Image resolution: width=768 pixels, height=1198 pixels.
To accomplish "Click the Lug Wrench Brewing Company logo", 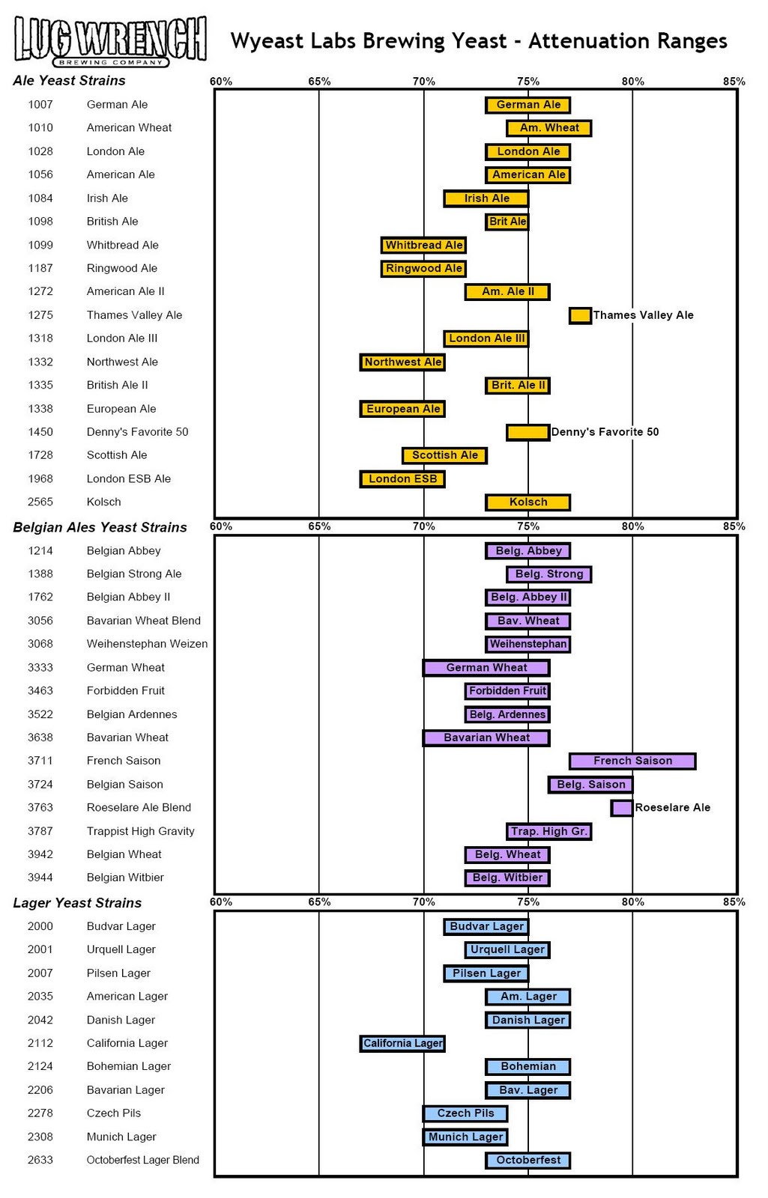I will point(110,41).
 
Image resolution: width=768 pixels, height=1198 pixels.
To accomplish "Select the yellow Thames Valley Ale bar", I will point(580,315).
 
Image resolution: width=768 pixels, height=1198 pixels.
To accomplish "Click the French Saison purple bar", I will point(632,761).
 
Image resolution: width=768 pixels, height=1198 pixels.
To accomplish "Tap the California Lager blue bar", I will point(402,1043).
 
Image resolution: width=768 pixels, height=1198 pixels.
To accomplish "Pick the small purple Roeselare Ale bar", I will point(621,808).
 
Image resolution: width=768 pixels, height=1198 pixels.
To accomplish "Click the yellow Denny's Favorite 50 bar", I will point(527,432).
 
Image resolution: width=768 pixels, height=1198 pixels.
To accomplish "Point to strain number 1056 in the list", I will point(40,174).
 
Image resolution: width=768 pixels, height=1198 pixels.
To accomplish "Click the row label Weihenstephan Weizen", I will point(147,644).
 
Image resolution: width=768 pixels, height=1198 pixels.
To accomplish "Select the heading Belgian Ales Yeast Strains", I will point(100,527).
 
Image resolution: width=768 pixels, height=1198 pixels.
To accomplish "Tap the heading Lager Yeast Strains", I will point(77,903).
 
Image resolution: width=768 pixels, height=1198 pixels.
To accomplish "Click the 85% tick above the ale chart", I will point(734,81).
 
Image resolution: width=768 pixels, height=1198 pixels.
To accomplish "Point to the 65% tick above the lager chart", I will point(319,901).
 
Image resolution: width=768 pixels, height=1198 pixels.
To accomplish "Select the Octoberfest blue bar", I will point(527,1160).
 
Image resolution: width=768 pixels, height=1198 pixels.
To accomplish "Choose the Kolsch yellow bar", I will point(527,502).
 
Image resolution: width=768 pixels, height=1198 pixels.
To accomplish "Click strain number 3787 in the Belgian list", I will point(40,831).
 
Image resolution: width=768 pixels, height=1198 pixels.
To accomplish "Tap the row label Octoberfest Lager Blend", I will point(142,1160).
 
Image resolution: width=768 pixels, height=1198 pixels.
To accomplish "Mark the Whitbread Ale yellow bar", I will point(423,245).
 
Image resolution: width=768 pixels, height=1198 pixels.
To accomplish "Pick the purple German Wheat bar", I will point(486,668).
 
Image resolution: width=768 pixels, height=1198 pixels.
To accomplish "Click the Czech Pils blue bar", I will point(465,1113).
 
